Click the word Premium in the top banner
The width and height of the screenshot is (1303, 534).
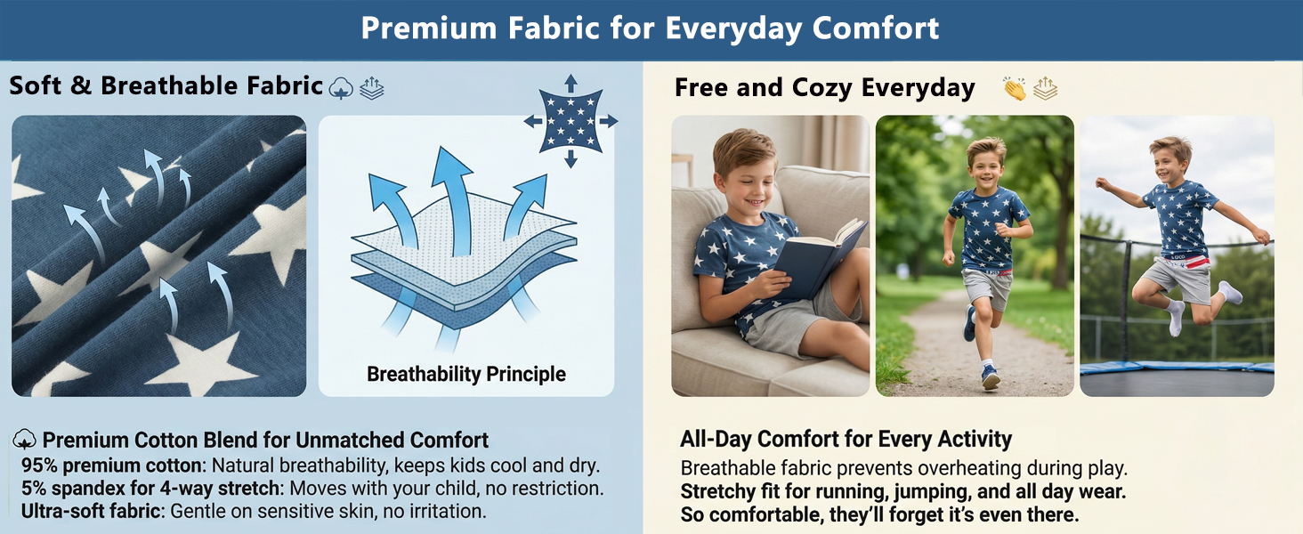click(428, 28)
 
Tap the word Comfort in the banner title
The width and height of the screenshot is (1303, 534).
click(876, 28)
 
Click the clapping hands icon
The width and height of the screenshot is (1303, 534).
click(1015, 89)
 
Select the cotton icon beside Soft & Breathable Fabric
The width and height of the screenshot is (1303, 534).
click(341, 88)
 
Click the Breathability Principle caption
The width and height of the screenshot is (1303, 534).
click(466, 374)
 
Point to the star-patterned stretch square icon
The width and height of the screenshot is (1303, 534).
click(571, 121)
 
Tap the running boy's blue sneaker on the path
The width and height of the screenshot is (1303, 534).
click(991, 377)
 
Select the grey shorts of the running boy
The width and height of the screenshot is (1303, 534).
click(987, 288)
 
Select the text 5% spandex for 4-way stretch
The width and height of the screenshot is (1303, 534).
click(150, 488)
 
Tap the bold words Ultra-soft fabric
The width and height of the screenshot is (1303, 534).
click(91, 512)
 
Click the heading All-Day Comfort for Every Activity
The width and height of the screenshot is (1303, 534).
click(846, 439)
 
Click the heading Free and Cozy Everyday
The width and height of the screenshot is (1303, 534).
click(825, 88)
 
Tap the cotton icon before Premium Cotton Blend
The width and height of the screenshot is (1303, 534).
click(24, 439)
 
